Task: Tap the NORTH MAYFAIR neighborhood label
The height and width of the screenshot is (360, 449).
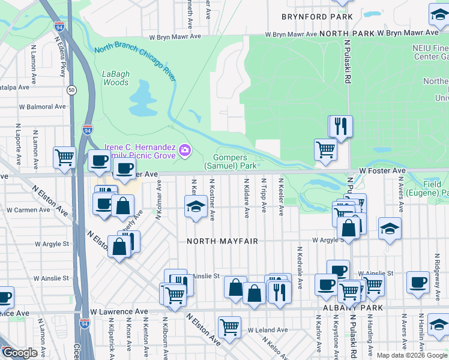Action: pos(222,241)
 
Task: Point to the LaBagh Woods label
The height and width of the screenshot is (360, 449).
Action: pos(115,79)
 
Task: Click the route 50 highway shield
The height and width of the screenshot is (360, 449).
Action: pos(71,90)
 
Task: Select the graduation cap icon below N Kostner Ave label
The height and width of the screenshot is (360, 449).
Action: pos(196,208)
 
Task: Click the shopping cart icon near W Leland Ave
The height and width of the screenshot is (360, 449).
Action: pos(229,327)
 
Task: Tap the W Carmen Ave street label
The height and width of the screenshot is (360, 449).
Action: pos(25,210)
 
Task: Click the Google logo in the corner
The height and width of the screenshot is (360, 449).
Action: pos(20,353)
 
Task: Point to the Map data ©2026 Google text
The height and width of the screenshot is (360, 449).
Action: pos(412,355)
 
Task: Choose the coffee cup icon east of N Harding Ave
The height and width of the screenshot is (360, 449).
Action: pos(418,281)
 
